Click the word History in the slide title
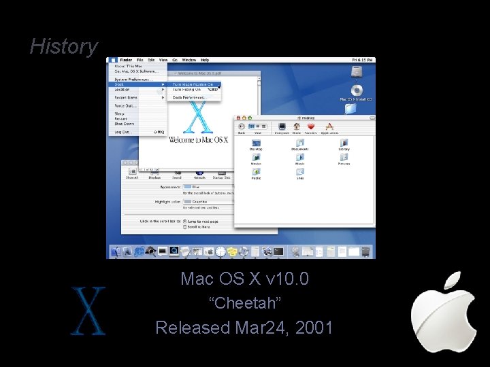(x=64, y=46)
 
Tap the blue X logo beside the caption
(x=88, y=311)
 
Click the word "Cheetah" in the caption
(x=244, y=303)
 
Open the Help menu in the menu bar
(x=205, y=60)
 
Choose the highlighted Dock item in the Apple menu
(x=122, y=84)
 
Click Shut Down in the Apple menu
(x=125, y=124)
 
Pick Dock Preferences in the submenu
(x=189, y=97)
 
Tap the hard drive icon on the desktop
(x=355, y=71)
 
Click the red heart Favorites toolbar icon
(x=311, y=126)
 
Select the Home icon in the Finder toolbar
(x=296, y=126)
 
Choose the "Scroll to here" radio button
(x=184, y=226)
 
